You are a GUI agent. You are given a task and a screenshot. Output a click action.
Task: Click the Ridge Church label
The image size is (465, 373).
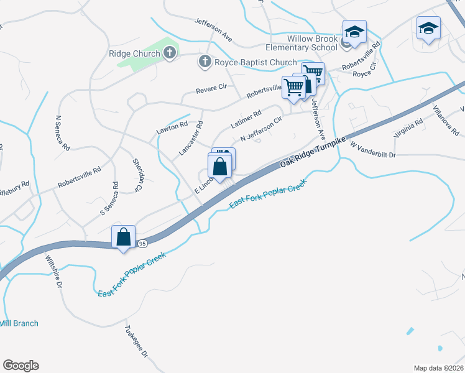134,54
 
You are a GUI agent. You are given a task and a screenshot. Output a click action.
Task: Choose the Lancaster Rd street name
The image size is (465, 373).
191,138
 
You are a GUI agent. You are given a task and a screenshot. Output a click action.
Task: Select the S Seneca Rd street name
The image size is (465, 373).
109,199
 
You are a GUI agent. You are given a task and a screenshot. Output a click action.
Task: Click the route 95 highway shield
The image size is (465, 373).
142,242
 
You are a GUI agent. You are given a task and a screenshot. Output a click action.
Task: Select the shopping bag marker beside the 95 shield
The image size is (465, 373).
124,237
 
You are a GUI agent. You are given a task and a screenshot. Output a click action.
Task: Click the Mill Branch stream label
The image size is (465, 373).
19,323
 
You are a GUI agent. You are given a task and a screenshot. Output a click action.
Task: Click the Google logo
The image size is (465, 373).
21,366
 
